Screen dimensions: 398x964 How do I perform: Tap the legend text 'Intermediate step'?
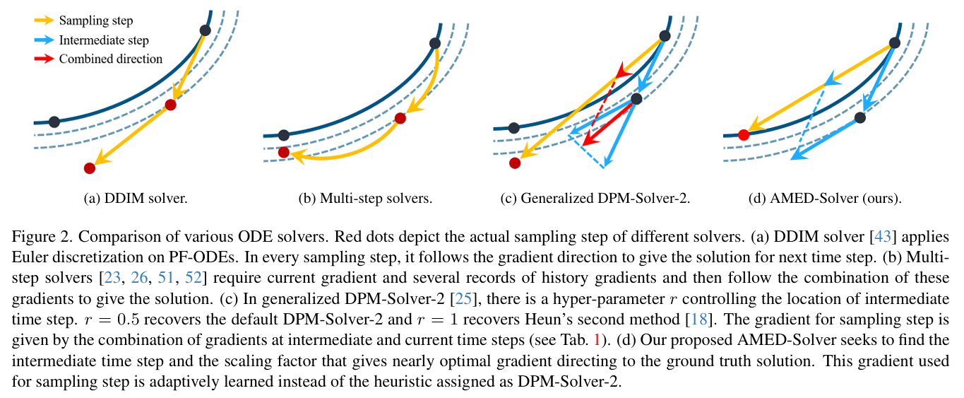pos(104,40)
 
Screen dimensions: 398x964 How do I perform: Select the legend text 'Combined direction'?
pos(111,59)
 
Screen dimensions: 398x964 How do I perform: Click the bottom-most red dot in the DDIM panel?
pos(89,168)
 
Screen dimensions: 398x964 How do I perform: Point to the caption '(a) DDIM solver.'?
pos(136,199)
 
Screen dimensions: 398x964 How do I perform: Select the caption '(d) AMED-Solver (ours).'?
pos(824,199)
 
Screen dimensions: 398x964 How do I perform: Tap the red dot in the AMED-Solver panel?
pos(743,135)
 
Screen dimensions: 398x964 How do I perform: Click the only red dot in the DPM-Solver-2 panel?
pos(515,163)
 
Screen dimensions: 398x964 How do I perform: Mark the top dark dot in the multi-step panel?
pos(435,43)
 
